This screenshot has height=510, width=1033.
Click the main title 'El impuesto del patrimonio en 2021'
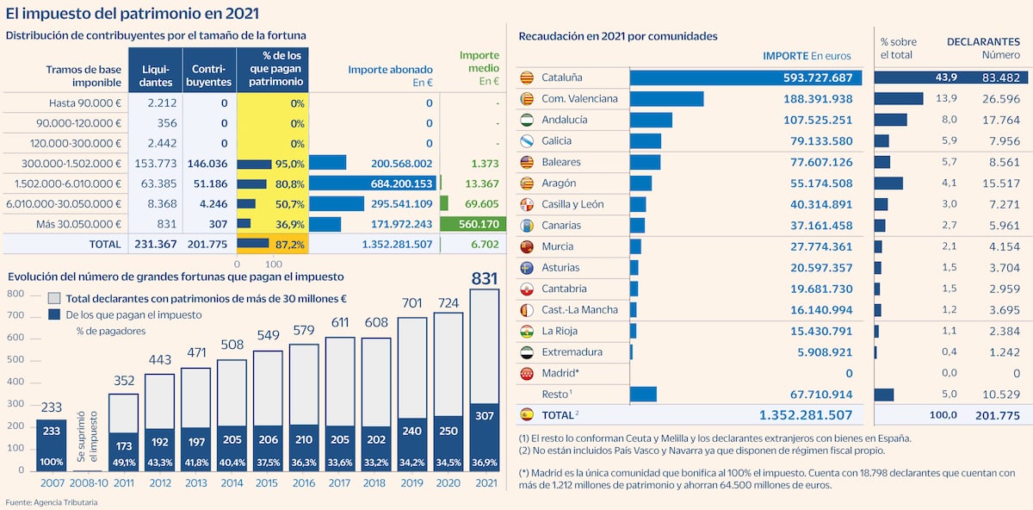click(x=132, y=14)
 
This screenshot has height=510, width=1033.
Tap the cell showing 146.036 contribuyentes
click(x=209, y=163)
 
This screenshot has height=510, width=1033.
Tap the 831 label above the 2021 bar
click(x=485, y=278)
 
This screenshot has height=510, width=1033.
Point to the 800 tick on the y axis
click(x=15, y=294)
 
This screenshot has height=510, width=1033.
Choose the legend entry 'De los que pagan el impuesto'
click(x=133, y=314)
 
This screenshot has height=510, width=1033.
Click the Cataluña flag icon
click(x=527, y=78)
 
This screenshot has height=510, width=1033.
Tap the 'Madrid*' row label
click(x=560, y=373)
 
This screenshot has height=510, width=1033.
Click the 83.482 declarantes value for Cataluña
click(x=999, y=78)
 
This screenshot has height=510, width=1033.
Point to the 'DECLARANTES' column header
click(x=983, y=41)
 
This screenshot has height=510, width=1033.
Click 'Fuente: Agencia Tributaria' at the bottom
click(x=52, y=502)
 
